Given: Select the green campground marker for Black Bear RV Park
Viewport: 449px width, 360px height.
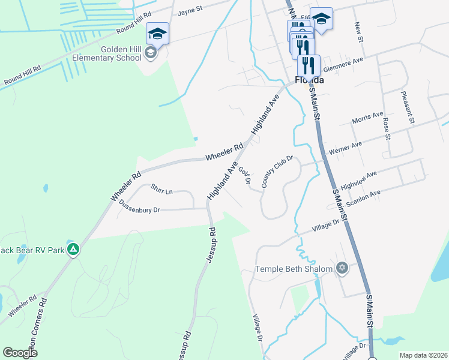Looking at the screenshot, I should click(73, 249).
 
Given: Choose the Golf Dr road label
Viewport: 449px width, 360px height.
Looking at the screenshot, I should click(244, 176).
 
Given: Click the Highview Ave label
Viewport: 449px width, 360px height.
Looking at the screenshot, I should click(358, 179).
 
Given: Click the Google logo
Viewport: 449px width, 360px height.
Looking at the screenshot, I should click(20, 353).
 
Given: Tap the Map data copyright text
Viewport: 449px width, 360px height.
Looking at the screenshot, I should click(423, 355).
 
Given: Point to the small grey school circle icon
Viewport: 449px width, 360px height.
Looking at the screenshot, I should click(150, 54).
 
